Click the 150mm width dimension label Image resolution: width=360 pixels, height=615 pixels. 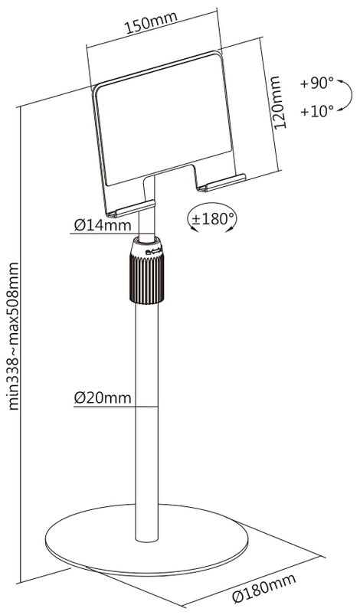(151, 23)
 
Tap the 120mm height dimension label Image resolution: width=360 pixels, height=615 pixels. (280, 103)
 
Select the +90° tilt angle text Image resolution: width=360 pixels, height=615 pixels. (317, 83)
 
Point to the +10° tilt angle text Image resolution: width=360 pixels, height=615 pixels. (317, 111)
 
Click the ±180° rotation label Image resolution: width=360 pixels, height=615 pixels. (212, 218)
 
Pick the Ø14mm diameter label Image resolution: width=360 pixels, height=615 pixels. (103, 225)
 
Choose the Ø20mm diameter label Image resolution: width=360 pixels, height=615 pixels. (103, 398)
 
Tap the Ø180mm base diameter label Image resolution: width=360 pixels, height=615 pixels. (263, 588)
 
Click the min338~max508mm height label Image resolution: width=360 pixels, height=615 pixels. (13, 336)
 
